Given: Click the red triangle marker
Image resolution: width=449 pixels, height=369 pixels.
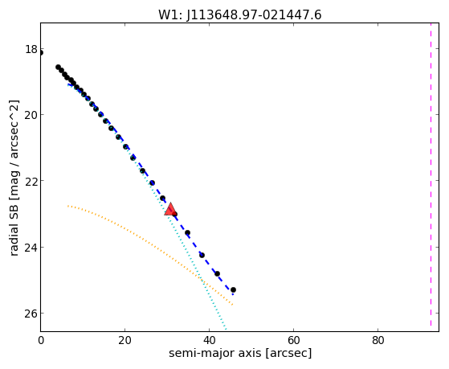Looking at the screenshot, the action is (170, 209).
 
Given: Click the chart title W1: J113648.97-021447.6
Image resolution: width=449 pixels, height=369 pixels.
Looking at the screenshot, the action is (240, 14).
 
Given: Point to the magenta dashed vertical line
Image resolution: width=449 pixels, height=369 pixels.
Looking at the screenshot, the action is (431, 174).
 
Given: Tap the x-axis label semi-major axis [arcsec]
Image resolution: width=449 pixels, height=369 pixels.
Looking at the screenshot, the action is (240, 353).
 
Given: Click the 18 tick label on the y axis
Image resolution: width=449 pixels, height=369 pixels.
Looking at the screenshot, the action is (31, 49).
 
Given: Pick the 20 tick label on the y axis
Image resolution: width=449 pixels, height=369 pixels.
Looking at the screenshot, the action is (31, 115).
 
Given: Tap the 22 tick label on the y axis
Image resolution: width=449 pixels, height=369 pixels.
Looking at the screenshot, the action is (31, 181).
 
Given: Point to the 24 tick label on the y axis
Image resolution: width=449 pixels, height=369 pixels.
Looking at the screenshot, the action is (31, 247).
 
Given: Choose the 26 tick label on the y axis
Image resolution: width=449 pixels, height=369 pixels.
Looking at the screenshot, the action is (31, 313).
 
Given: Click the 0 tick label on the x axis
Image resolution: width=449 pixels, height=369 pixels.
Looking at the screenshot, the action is (41, 340).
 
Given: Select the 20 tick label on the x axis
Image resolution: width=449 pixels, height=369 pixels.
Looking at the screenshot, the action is (124, 340).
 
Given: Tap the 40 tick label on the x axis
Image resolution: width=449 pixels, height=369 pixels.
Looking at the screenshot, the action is (209, 340).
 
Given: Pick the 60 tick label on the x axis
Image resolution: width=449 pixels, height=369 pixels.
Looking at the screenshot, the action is (293, 340).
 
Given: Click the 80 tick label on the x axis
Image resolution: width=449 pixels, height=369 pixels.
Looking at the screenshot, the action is (378, 340).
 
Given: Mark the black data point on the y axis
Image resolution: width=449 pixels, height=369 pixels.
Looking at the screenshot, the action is (41, 52).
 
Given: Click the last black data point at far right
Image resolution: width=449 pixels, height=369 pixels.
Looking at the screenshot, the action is (233, 290).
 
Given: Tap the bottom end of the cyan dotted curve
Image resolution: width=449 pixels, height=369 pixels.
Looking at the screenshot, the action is (226, 330).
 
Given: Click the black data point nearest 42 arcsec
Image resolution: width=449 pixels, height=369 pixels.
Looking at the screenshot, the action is (217, 274).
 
